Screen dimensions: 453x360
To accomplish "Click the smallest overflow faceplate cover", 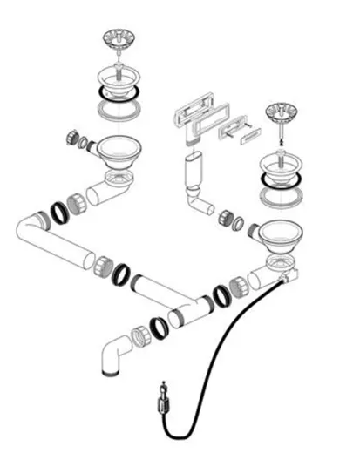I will (x=249, y=134).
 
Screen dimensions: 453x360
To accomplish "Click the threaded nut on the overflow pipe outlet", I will (x=233, y=220).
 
